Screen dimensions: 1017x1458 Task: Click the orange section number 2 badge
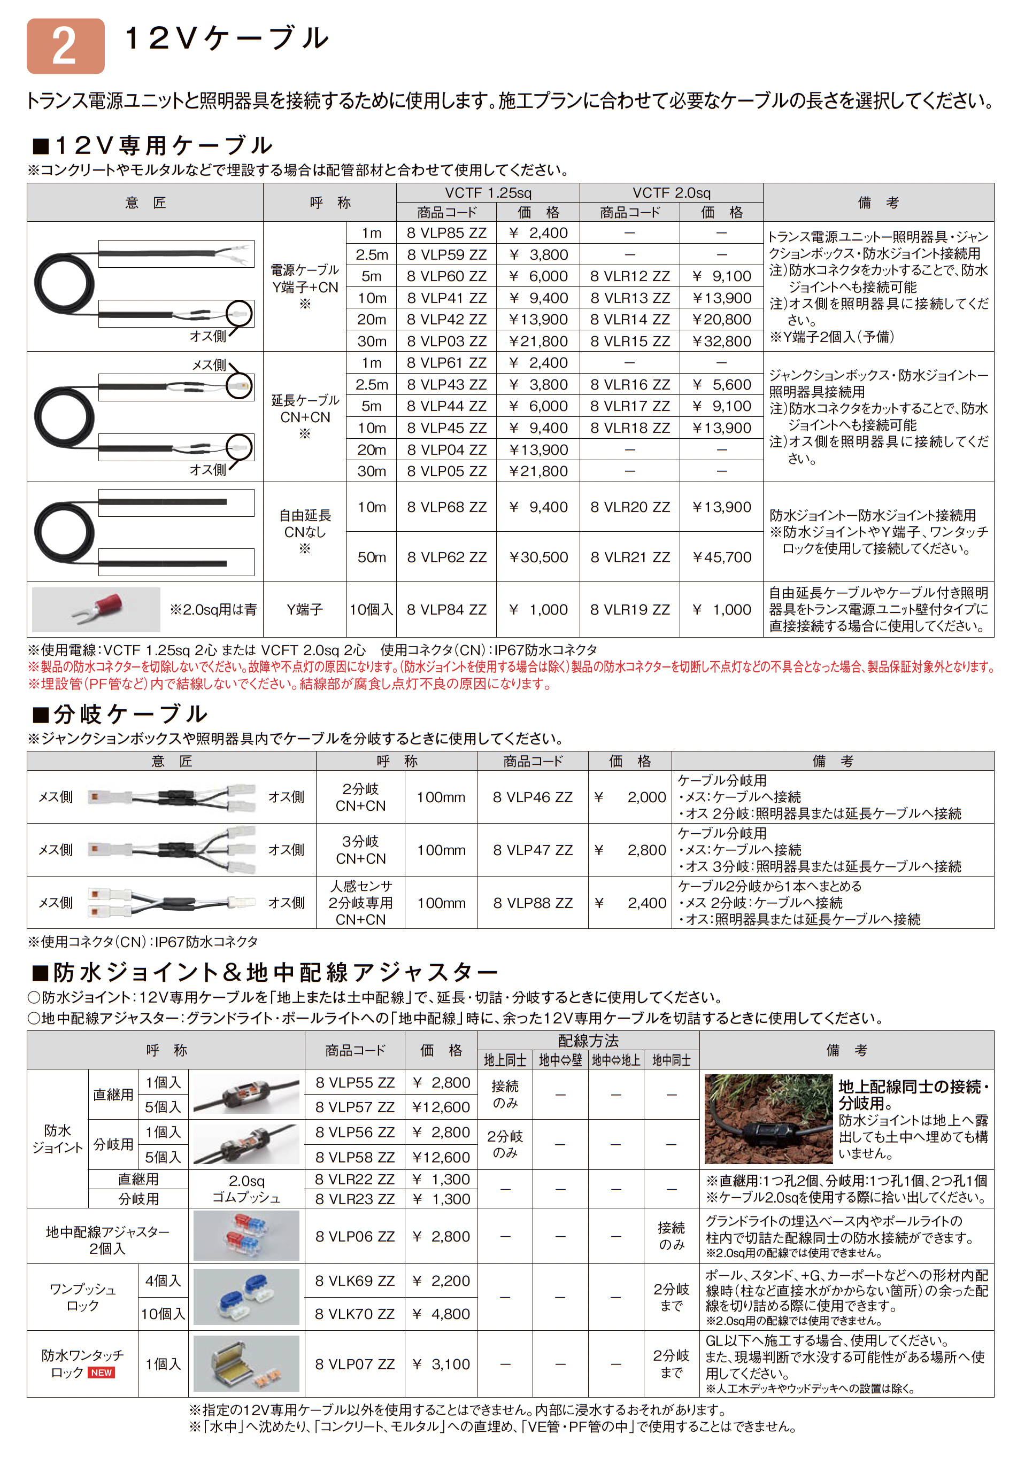pyautogui.click(x=65, y=46)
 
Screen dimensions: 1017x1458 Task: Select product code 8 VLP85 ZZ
pyautogui.click(x=446, y=233)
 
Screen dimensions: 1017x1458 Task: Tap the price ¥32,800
pyautogui.click(x=722, y=341)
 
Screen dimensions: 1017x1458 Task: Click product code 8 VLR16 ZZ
pyautogui.click(x=629, y=384)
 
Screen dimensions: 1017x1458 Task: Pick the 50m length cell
pyautogui.click(x=372, y=557)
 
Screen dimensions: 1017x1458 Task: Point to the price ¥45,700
pyautogui.click(x=722, y=557)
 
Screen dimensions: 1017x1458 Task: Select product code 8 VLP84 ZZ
pyautogui.click(x=446, y=610)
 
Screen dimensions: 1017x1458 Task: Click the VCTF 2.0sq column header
pyautogui.click(x=671, y=193)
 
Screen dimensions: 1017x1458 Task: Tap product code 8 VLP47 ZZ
pyautogui.click(x=533, y=850)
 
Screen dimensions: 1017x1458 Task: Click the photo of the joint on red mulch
pyautogui.click(x=768, y=1119)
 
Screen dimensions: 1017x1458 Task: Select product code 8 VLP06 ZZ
pyautogui.click(x=355, y=1236)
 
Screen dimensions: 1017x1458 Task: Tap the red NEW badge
pyautogui.click(x=101, y=1372)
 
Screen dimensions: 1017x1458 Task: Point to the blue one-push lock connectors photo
pyautogui.click(x=246, y=1297)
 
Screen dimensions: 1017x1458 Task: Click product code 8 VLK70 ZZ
pyautogui.click(x=355, y=1314)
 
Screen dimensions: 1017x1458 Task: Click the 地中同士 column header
pyautogui.click(x=671, y=1060)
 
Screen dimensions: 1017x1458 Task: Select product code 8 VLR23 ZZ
pyautogui.click(x=355, y=1199)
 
